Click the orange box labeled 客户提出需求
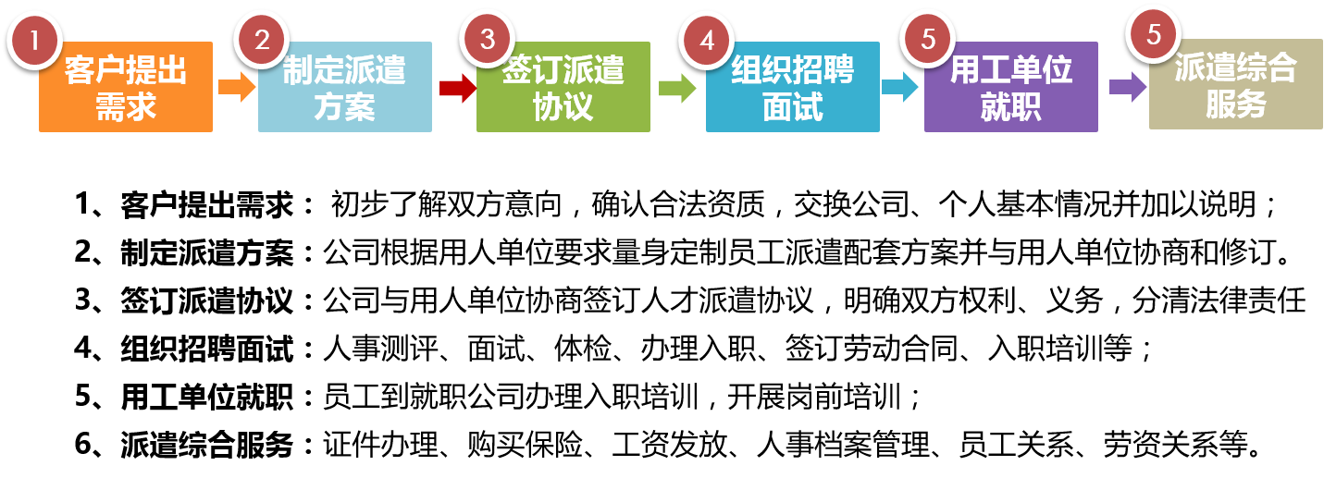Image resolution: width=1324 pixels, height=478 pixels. click(x=126, y=87)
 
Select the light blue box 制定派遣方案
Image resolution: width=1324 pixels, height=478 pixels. click(x=344, y=87)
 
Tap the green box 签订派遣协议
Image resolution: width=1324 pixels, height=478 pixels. click(x=563, y=87)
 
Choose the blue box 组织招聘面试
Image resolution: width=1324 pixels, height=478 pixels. click(x=792, y=87)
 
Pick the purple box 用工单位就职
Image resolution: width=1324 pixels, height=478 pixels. click(x=1010, y=87)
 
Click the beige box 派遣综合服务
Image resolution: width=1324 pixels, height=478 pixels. click(x=1235, y=84)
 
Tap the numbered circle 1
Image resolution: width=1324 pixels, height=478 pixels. click(x=35, y=41)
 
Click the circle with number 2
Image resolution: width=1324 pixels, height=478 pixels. click(x=262, y=41)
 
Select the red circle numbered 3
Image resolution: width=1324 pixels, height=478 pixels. click(x=488, y=41)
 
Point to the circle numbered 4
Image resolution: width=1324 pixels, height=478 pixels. click(x=707, y=41)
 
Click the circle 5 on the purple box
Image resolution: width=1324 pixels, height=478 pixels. click(x=928, y=41)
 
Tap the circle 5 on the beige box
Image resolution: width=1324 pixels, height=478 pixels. click(x=1153, y=34)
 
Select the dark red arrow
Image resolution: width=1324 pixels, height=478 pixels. click(x=456, y=88)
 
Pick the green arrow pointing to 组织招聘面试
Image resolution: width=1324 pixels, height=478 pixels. click(x=677, y=88)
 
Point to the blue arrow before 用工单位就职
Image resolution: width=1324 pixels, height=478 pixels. click(x=899, y=87)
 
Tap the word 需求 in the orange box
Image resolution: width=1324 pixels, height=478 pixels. click(x=126, y=107)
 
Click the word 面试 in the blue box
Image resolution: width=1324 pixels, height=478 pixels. click(x=792, y=107)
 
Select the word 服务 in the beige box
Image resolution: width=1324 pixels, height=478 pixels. click(x=1235, y=104)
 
